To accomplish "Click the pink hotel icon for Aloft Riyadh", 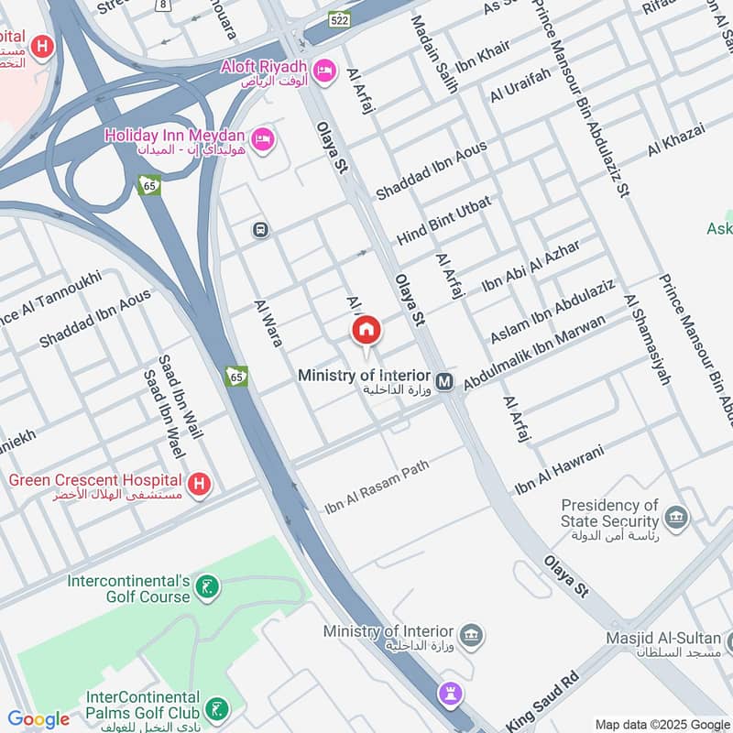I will pyautogui.click(x=324, y=70).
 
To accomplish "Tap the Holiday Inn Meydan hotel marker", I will pyautogui.click(x=263, y=138).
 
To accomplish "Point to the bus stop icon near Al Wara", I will pyautogui.click(x=260, y=230).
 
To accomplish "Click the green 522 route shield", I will pyautogui.click(x=339, y=19).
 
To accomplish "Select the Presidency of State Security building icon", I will pyautogui.click(x=676, y=517).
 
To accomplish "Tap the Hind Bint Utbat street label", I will pyautogui.click(x=444, y=221).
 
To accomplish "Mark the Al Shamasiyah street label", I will pyautogui.click(x=648, y=339).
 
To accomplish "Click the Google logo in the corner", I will pyautogui.click(x=38, y=719).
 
